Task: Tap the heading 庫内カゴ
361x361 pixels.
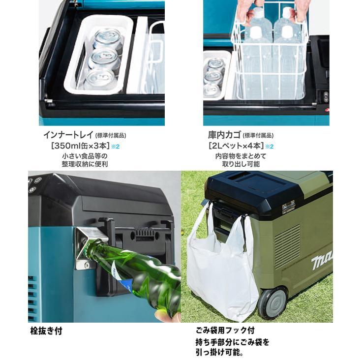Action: point(222,135)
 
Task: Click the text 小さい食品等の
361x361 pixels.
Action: point(82,155)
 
